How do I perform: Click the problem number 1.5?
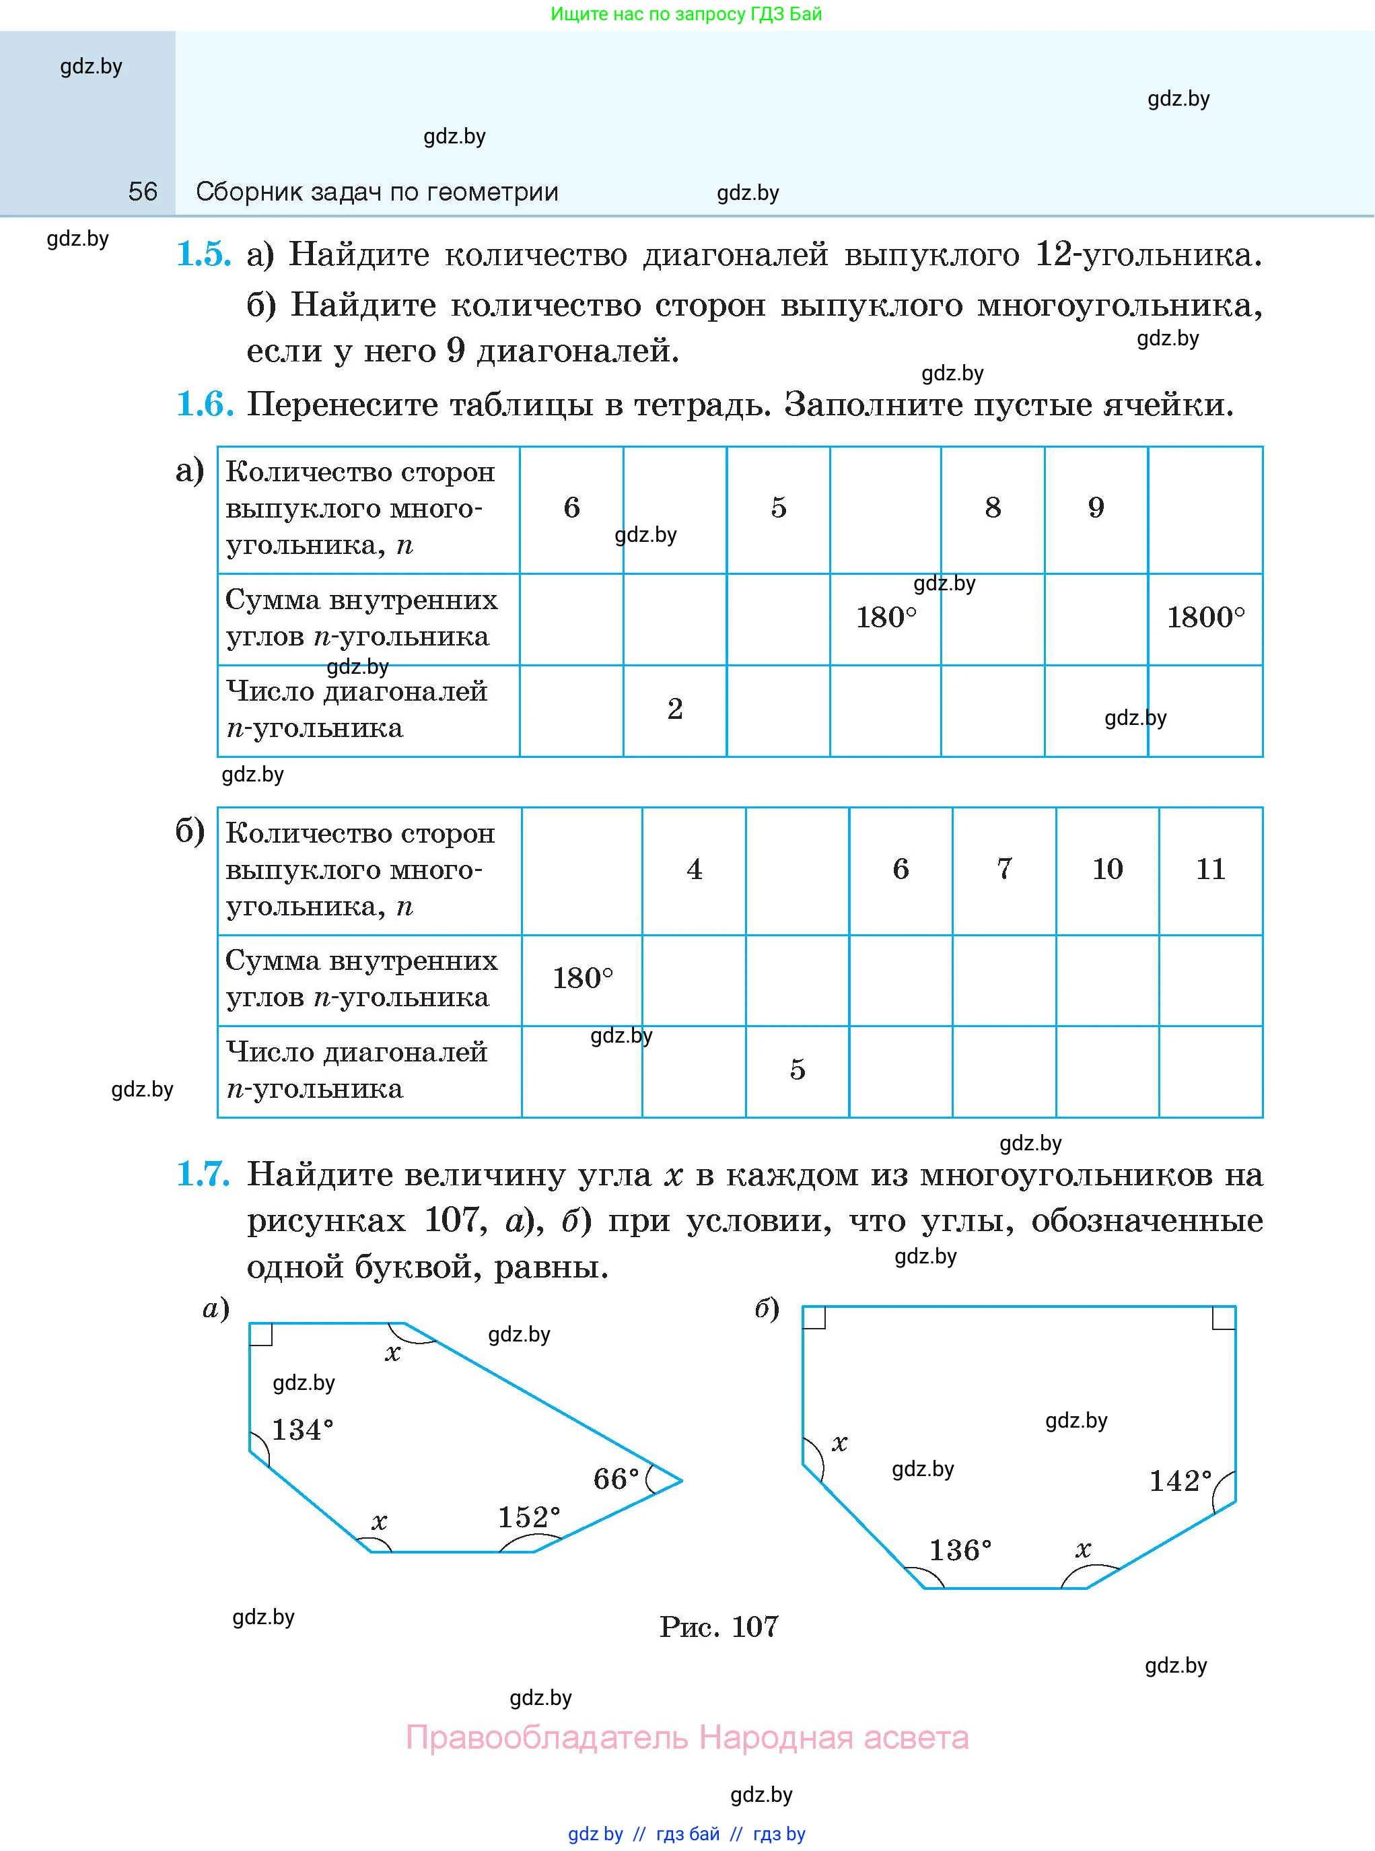coord(203,254)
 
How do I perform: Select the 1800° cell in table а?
coord(1205,617)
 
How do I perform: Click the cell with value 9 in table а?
coord(1096,508)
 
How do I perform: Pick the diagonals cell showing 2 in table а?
coord(675,709)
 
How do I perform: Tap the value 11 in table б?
coord(1210,869)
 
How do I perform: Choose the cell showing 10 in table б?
coord(1107,869)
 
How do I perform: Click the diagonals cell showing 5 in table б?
coord(798,1070)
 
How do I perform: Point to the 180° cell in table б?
coord(583,978)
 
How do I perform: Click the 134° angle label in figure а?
coord(302,1430)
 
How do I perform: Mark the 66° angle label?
coord(616,1479)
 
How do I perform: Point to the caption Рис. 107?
coord(719,1626)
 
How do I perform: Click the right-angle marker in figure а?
coord(260,1334)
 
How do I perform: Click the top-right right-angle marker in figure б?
coord(1224,1317)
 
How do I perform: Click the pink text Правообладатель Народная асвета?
coord(686,1738)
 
